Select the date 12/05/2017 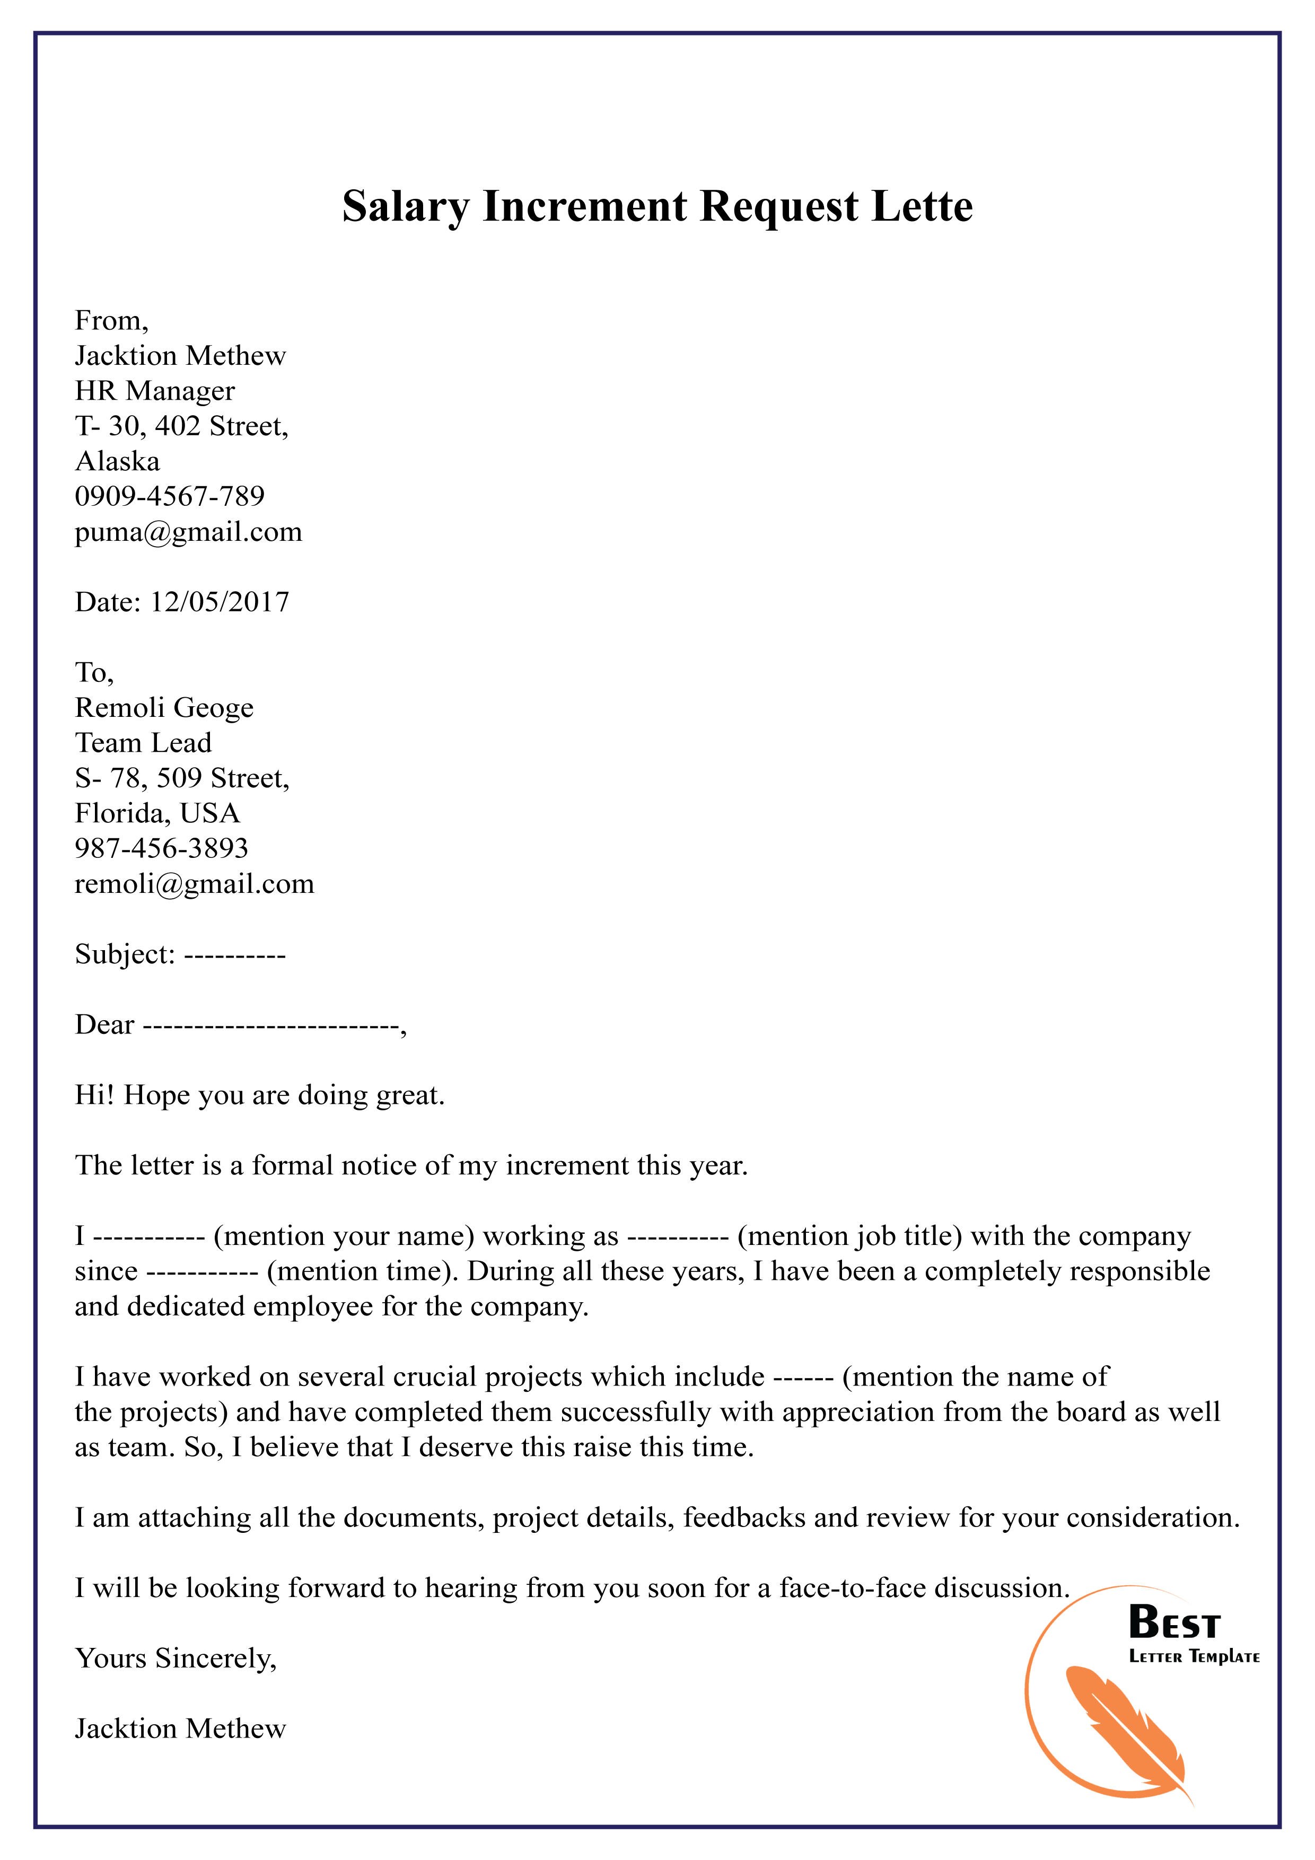220,602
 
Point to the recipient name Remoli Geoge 164,707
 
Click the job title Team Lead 143,743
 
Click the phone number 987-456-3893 161,848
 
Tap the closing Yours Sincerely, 176,1659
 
